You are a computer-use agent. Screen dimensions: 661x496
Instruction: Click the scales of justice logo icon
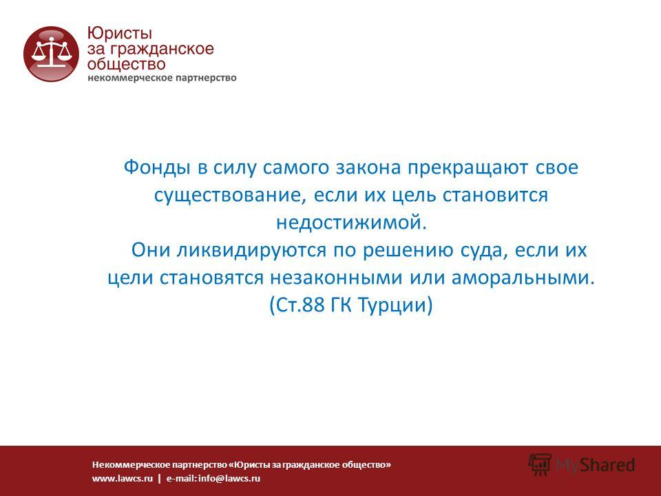pyautogui.click(x=51, y=54)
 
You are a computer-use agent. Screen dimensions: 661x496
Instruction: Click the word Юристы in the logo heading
pyautogui.click(x=119, y=34)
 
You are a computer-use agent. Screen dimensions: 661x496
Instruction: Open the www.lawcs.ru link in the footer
pyautogui.click(x=123, y=478)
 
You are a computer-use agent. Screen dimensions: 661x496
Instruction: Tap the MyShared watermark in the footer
pyautogui.click(x=582, y=465)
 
